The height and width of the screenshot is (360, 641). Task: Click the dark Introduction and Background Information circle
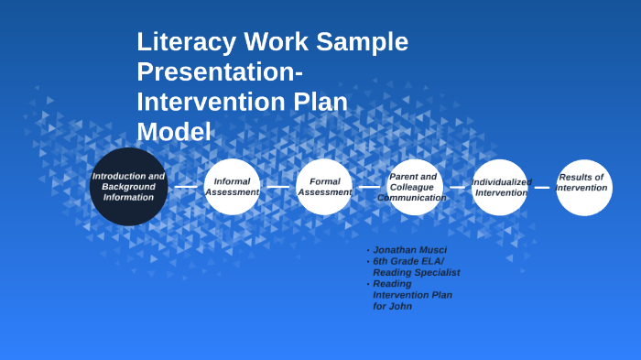click(128, 187)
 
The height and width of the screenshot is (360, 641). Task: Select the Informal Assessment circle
click(232, 187)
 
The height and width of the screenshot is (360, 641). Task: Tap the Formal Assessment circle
click(324, 187)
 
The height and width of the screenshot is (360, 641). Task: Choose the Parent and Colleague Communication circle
click(413, 187)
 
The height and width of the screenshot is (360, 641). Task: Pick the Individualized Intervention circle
click(500, 187)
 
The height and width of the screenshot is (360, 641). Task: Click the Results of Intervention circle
click(583, 187)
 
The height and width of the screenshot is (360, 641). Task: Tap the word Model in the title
click(174, 131)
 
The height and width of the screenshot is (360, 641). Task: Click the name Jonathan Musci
click(409, 250)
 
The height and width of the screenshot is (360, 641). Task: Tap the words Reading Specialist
click(416, 272)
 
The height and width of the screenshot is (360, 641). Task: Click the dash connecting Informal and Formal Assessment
click(277, 187)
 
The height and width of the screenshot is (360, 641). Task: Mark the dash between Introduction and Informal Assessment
click(186, 187)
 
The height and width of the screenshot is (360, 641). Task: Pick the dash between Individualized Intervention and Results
click(542, 187)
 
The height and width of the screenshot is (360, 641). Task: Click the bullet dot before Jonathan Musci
click(368, 250)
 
